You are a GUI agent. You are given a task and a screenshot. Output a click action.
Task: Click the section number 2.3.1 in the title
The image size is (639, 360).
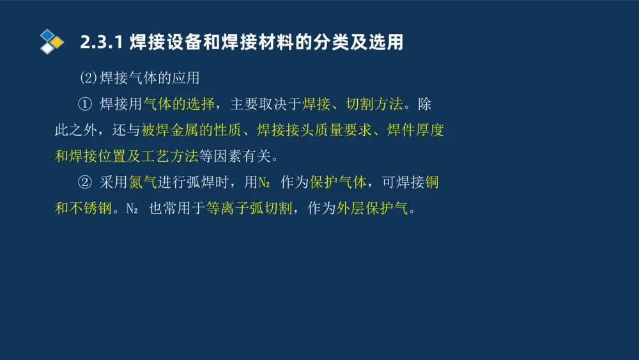[x=101, y=43]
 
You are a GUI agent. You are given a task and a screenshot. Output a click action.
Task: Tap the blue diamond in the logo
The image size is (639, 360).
[x=47, y=35]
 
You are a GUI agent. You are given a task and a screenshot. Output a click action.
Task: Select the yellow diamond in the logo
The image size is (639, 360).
[x=58, y=42]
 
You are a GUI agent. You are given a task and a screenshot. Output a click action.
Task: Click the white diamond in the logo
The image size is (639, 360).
[x=47, y=49]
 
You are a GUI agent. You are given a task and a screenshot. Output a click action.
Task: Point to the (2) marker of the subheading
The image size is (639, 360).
[x=88, y=78]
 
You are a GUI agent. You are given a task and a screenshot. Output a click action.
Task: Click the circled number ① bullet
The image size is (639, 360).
[x=85, y=104]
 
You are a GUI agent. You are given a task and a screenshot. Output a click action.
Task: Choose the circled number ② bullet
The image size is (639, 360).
[x=85, y=182]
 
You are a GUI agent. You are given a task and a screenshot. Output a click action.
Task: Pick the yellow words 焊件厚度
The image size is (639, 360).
[x=415, y=130]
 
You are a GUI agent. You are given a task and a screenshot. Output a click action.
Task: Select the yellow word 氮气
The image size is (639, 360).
[x=142, y=182]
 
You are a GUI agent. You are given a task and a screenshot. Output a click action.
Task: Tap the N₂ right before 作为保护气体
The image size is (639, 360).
[x=265, y=183]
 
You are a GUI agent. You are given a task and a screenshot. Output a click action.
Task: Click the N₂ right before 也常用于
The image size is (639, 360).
[x=132, y=209]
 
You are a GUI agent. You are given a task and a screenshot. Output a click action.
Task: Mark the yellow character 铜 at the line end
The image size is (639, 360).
[x=432, y=182]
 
